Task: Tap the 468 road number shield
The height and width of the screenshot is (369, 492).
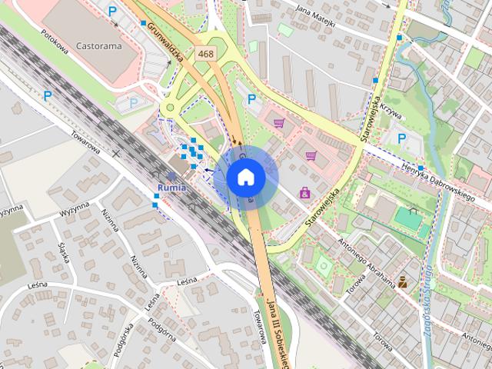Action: [x=205, y=54]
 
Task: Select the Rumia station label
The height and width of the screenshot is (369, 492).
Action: [x=170, y=187]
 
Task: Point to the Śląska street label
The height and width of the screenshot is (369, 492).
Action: [x=64, y=251]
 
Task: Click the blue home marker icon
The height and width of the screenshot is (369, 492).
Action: [x=246, y=177]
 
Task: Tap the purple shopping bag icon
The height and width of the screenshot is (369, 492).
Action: [x=305, y=191]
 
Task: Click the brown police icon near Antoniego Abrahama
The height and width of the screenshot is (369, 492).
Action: [x=402, y=281]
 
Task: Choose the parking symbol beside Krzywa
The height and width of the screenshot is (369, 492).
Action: [x=401, y=138]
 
